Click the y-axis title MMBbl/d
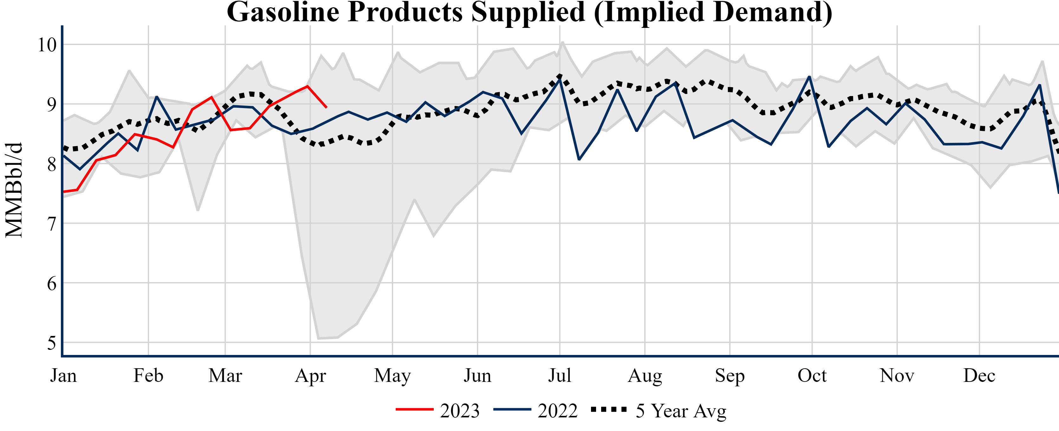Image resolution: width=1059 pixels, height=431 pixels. [14, 190]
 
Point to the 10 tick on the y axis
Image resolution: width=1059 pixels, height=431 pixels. [47, 45]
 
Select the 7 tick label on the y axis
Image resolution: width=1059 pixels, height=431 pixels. [51, 224]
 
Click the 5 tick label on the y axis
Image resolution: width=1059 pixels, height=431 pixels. [51, 343]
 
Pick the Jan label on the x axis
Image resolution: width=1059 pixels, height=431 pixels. [63, 376]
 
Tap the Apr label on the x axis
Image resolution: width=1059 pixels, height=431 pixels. [310, 376]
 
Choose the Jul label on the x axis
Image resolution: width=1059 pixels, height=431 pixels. [560, 376]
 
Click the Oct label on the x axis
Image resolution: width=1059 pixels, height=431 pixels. [812, 376]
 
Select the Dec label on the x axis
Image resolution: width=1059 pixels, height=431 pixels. [979, 376]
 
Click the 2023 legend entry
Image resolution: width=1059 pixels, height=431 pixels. [438, 410]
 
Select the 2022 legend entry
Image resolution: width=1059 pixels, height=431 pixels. [536, 410]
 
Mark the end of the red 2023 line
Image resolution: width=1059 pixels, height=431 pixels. [326, 107]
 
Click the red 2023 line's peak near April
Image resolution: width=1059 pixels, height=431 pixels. [308, 86]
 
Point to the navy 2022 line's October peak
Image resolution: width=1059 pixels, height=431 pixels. [809, 76]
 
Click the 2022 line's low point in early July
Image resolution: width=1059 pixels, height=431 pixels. [579, 159]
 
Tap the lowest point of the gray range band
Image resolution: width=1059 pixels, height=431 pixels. [319, 338]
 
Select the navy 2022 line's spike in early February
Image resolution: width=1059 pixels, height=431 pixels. [157, 97]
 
